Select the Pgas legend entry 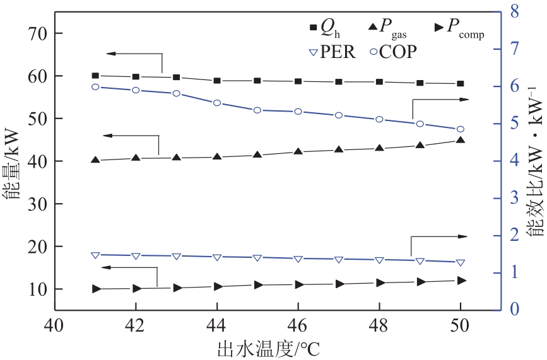coord(391,28)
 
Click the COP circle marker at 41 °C coord(95,87)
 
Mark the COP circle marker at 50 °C coord(461,129)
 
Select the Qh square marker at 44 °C coord(217,81)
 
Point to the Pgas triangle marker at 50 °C coord(461,140)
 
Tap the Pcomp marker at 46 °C coord(298,285)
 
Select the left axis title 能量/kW coord(13,162)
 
